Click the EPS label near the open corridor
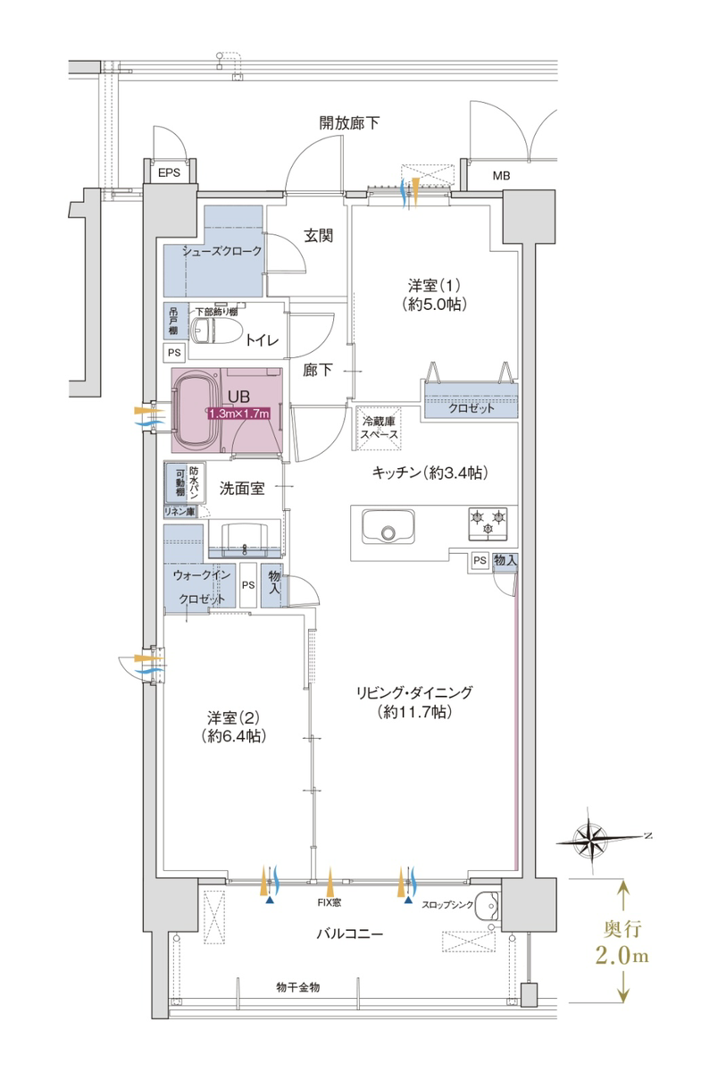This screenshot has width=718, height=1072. pyautogui.click(x=169, y=172)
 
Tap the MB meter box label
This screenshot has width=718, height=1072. pyautogui.click(x=501, y=176)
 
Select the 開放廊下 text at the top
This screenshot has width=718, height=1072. pyautogui.click(x=349, y=123)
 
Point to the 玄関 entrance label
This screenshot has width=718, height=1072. pyautogui.click(x=319, y=236)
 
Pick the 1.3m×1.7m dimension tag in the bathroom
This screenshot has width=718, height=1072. pyautogui.click(x=238, y=414)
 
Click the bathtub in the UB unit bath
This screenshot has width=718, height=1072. pyautogui.click(x=196, y=411)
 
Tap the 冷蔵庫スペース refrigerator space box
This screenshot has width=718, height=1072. pyautogui.click(x=379, y=428)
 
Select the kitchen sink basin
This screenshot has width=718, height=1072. pyautogui.click(x=388, y=526)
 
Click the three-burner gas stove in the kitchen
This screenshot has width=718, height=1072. pyautogui.click(x=488, y=523)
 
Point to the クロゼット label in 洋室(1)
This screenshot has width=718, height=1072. pyautogui.click(x=472, y=408)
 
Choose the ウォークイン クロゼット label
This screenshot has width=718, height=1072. pyautogui.click(x=202, y=587)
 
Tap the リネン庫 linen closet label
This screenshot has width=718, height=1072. pyautogui.click(x=179, y=511)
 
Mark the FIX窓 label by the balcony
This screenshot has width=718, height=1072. pyautogui.click(x=330, y=902)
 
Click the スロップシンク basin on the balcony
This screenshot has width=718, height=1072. pyautogui.click(x=487, y=906)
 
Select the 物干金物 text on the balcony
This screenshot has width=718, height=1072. pyautogui.click(x=297, y=987)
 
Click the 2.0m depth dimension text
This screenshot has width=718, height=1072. pyautogui.click(x=622, y=956)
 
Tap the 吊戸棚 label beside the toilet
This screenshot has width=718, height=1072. pyautogui.click(x=173, y=321)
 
